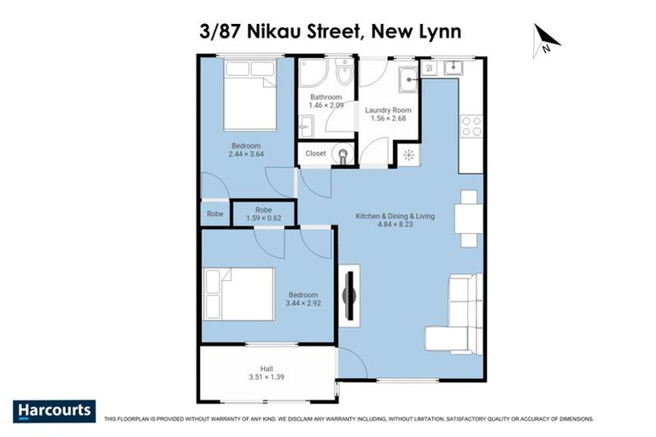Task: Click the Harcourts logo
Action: click(x=54, y=411)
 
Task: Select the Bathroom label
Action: click(x=325, y=97)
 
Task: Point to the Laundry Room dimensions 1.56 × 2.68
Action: click(x=389, y=119)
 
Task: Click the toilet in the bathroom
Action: click(x=343, y=77)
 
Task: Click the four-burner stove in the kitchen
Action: click(x=471, y=125)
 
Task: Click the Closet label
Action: click(x=314, y=154)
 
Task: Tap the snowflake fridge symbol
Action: click(x=408, y=154)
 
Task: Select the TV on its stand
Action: click(x=348, y=294)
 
